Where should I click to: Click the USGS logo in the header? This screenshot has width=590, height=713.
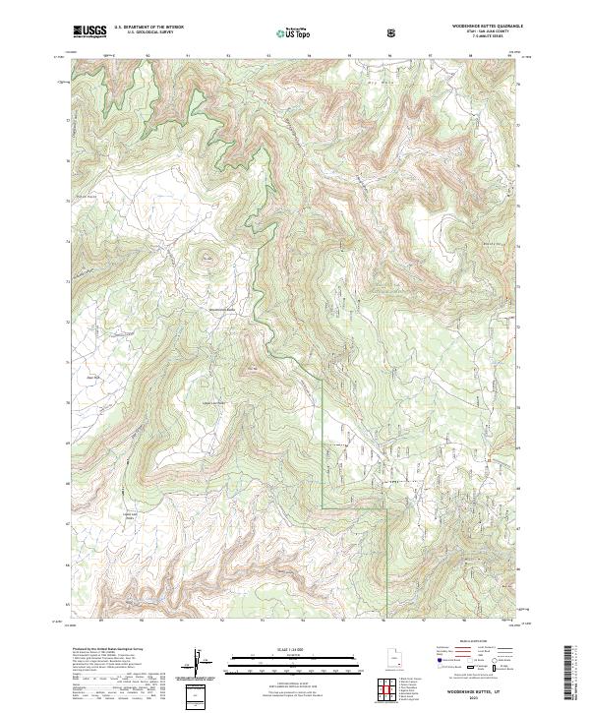pos(89,31)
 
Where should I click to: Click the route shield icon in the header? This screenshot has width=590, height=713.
pos(393,32)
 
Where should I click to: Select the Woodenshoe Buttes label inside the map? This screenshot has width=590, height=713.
pos(224,311)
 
